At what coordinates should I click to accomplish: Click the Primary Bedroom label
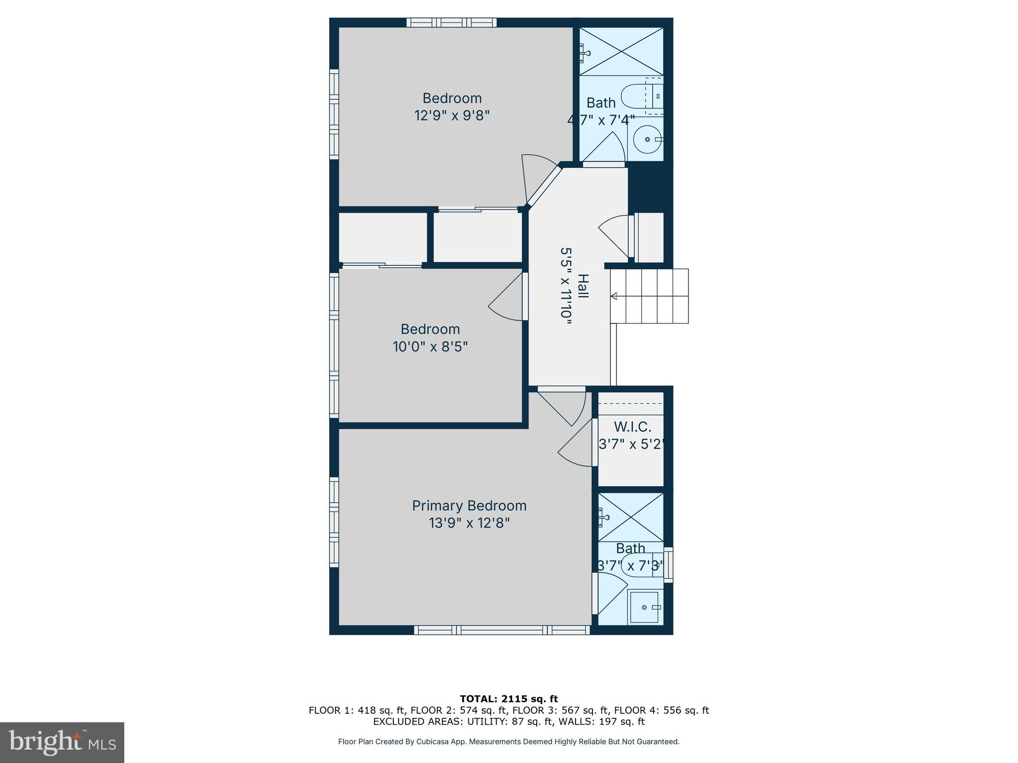[469, 506]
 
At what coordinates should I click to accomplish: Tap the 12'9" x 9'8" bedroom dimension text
[452, 116]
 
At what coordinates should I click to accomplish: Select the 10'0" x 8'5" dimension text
[430, 347]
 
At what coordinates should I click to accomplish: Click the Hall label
[583, 286]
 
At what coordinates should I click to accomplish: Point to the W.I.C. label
[632, 427]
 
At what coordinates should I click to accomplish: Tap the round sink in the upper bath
[647, 140]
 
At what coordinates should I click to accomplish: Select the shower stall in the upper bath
[621, 52]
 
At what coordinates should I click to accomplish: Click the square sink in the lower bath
[645, 607]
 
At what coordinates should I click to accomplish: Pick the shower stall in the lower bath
[630, 517]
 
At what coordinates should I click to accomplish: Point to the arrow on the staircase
[614, 297]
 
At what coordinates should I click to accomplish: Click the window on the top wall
[451, 22]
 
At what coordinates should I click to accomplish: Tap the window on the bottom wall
[502, 630]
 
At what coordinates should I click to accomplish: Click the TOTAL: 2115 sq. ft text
[509, 699]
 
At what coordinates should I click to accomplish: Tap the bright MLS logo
[62, 742]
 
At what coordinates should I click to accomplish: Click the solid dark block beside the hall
[650, 189]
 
